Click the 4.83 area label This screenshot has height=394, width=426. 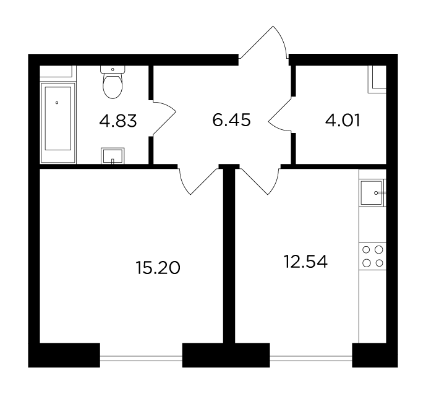(x=118, y=121)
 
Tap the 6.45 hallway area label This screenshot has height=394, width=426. (x=231, y=120)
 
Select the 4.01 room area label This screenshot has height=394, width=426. (x=343, y=121)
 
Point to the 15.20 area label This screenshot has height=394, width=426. (x=158, y=267)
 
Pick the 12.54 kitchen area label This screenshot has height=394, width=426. (x=305, y=262)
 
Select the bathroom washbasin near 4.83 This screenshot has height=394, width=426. (x=113, y=156)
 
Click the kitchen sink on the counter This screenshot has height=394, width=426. (x=371, y=192)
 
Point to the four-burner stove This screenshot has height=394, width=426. (x=373, y=256)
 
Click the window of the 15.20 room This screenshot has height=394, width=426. (x=141, y=358)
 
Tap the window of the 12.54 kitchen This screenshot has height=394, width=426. (x=311, y=358)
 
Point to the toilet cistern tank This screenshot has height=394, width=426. (x=113, y=69)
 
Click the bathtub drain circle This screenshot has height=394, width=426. (x=57, y=103)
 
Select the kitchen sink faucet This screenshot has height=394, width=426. (x=380, y=193)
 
